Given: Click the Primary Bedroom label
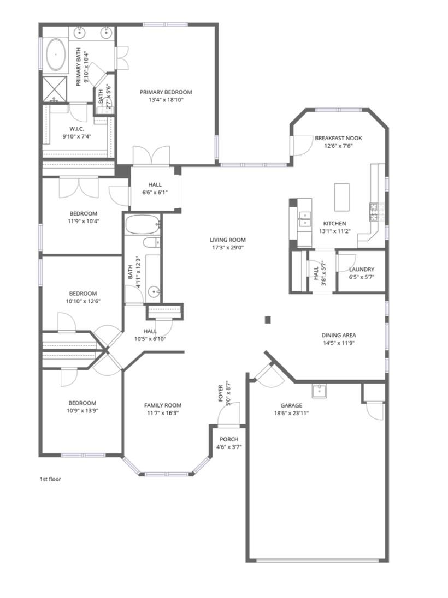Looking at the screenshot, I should click(166, 92).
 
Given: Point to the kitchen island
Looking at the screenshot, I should click(342, 196).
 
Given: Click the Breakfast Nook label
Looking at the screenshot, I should click(338, 138).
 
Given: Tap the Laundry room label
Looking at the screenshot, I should click(361, 269).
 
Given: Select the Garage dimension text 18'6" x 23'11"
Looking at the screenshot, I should click(292, 413).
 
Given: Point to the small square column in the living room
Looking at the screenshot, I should click(267, 320).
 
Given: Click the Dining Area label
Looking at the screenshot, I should click(339, 335).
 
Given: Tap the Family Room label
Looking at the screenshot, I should click(162, 405).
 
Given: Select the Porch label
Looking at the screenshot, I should click(228, 439).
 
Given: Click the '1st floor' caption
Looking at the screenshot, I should click(50, 479).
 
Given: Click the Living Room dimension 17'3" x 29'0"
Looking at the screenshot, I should click(227, 247).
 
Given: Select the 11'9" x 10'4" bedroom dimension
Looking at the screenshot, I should click(83, 221).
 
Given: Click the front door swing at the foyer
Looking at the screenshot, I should click(227, 417).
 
